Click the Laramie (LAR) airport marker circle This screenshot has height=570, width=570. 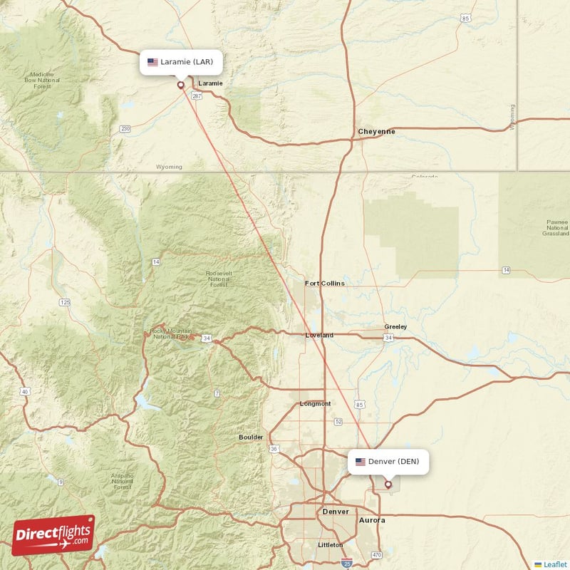pos(180,85)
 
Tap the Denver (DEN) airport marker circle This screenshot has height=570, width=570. pos(388,484)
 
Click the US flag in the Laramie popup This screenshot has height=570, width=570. pos(152,62)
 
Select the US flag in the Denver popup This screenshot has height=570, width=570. pos(361,462)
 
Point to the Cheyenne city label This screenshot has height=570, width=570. pos(376,132)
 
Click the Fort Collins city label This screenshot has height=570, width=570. pos(324,284)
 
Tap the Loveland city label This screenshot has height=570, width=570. pos(319,335)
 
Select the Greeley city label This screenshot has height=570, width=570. pos(395,327)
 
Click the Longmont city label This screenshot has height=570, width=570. pos(316,404)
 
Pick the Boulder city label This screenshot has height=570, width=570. pos(251,437)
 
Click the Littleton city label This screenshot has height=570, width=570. pos(330,545)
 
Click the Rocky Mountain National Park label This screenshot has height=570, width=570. pos(170,333)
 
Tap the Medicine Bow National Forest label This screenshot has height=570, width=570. pos(42,81)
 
